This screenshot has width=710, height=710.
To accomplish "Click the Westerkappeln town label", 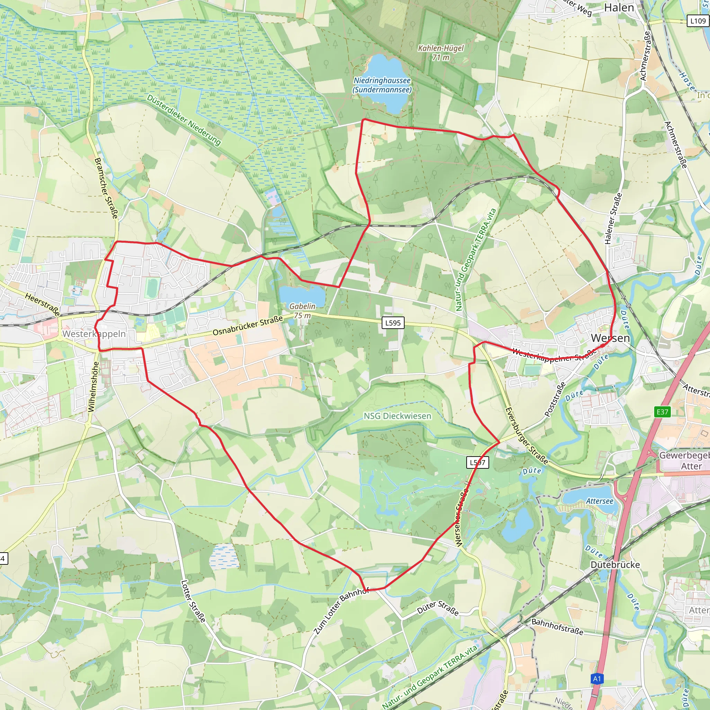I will [94, 334].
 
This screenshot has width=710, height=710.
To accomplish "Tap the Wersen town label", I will [610, 338].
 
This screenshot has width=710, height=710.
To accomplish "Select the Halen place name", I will [619, 8].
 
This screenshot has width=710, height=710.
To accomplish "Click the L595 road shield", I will [393, 323].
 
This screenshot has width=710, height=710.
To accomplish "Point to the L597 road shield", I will [478, 462].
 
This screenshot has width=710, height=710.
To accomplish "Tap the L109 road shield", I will [698, 21].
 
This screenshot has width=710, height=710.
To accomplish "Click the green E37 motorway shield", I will [662, 412].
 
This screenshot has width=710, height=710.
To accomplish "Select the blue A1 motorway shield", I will [597, 678].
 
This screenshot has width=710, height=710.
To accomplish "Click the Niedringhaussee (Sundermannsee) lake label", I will [382, 85].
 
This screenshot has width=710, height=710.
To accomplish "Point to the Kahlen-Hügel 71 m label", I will [441, 53].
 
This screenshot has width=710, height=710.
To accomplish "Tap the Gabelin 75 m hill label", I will [302, 311].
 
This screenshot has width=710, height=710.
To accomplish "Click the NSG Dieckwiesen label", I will [397, 416].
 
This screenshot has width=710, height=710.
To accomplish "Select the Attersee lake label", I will [599, 501].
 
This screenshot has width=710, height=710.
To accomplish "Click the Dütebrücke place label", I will [615, 564].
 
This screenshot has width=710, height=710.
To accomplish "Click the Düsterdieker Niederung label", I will [184, 120].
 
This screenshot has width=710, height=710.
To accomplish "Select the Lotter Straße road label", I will [193, 601].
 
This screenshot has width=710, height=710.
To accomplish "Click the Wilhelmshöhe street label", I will [93, 387].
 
